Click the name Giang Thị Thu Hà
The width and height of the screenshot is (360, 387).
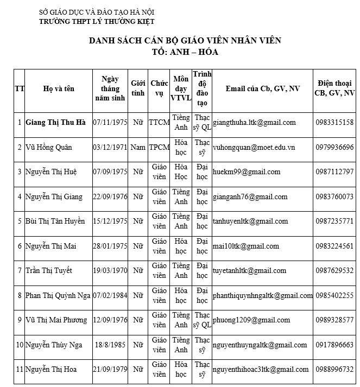tap(55, 123)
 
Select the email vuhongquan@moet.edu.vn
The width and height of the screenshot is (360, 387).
tap(254, 147)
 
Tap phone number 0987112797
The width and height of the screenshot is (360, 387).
tap(334, 172)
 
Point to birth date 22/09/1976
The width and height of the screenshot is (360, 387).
tap(110, 196)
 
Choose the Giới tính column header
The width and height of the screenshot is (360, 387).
tap(138, 88)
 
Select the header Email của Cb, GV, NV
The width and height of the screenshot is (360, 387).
tap(262, 88)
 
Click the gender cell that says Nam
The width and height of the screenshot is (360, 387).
tap(138, 147)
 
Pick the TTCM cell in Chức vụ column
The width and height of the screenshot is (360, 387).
tap(159, 123)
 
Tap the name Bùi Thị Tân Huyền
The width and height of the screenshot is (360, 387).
tap(55, 221)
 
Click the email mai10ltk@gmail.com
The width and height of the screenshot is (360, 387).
tap(245, 246)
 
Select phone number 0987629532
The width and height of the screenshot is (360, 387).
tap(334, 270)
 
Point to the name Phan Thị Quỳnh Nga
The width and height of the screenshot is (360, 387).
tap(58, 295)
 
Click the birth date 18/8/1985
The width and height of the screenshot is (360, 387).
tap(110, 345)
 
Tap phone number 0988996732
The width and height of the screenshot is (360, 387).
tap(334, 369)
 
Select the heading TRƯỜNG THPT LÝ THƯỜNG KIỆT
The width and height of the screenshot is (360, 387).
tap(97, 21)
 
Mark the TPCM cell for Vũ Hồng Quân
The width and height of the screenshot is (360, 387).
tap(159, 147)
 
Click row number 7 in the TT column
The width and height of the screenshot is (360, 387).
tap(20, 270)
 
